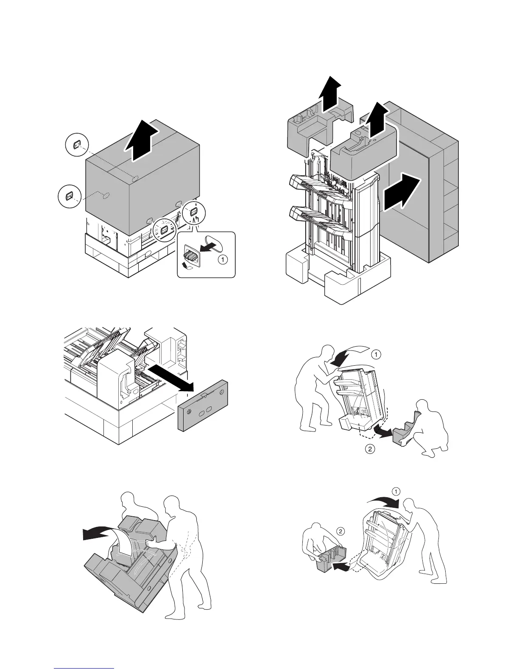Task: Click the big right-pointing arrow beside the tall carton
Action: tap(402, 194)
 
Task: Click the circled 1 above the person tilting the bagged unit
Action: tap(395, 492)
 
